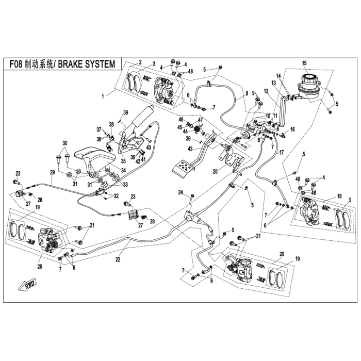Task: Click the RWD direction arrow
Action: click(x=25, y=285)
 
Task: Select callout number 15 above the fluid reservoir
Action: click(x=304, y=63)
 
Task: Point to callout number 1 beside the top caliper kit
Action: click(x=104, y=96)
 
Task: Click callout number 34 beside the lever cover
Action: click(x=123, y=171)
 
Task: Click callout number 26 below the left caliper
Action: click(x=39, y=267)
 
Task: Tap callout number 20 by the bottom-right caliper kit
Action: click(x=282, y=254)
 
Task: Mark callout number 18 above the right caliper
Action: click(x=339, y=197)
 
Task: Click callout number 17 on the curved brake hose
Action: click(x=282, y=153)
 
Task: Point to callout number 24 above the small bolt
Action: click(x=180, y=192)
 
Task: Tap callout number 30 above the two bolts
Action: click(x=65, y=142)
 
